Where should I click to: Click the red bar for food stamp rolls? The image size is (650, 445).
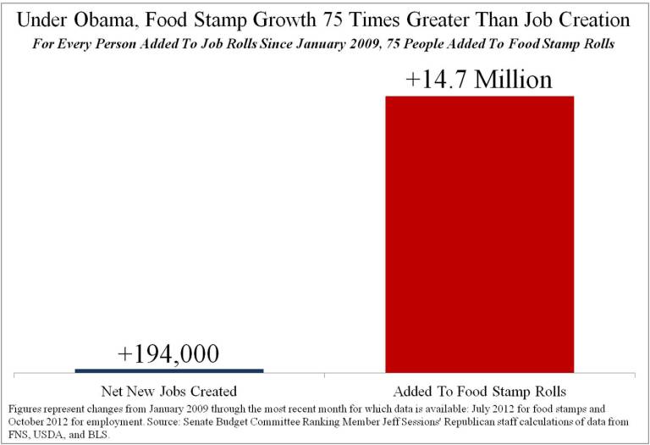(x=479, y=233)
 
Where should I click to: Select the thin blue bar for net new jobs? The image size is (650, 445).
(x=169, y=370)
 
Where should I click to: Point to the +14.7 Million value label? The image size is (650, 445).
(x=479, y=79)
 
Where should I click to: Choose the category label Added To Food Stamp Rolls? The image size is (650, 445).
(x=479, y=391)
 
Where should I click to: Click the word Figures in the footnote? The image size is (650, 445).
(x=21, y=408)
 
